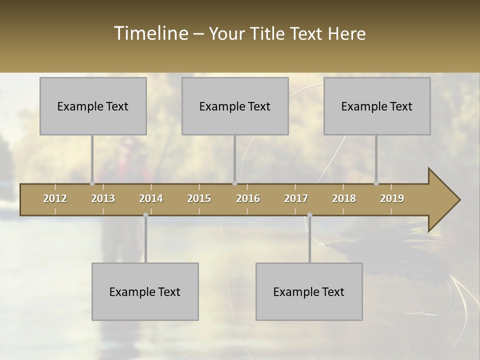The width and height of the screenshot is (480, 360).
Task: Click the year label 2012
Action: point(55,198)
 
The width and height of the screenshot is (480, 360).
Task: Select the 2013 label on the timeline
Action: point(103,198)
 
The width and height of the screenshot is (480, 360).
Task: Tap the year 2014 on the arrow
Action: point(151,198)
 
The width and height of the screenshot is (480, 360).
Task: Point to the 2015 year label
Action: point(199,198)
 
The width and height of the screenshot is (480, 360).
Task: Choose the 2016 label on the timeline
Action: point(248,198)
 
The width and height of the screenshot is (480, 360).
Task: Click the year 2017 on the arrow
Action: point(296,198)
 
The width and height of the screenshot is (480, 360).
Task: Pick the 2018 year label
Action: point(344,198)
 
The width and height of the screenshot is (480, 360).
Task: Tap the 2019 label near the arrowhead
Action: point(392,198)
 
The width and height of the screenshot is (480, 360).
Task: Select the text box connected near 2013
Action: point(93,106)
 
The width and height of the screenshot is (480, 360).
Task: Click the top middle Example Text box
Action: point(235,106)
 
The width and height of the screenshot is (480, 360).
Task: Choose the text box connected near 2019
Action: point(377,106)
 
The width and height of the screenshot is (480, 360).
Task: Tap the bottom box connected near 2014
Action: point(145,291)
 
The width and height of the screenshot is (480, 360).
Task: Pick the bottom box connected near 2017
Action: point(309,291)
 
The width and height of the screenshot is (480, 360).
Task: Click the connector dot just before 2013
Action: point(92,183)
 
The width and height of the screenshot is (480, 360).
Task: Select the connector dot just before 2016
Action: point(234,183)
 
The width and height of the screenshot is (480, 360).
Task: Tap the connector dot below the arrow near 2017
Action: point(309,215)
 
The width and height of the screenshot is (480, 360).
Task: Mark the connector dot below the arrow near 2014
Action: point(145,215)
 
